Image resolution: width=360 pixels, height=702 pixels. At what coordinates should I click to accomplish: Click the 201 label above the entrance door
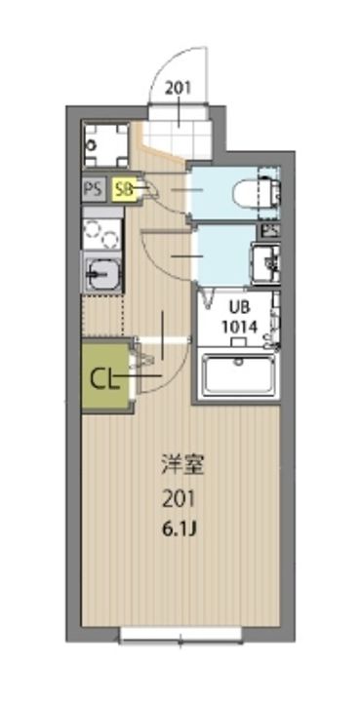click(x=179, y=88)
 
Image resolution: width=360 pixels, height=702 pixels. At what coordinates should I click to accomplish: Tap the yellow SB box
click(x=123, y=188)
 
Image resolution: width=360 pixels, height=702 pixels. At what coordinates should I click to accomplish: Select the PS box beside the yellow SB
click(x=95, y=188)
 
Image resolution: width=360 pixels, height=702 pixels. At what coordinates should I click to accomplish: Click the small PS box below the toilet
click(x=269, y=230)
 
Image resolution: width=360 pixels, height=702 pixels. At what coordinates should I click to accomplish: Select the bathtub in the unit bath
click(x=239, y=376)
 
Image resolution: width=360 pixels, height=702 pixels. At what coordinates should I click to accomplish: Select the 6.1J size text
click(x=178, y=530)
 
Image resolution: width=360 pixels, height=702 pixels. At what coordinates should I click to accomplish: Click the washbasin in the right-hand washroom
click(x=265, y=262)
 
